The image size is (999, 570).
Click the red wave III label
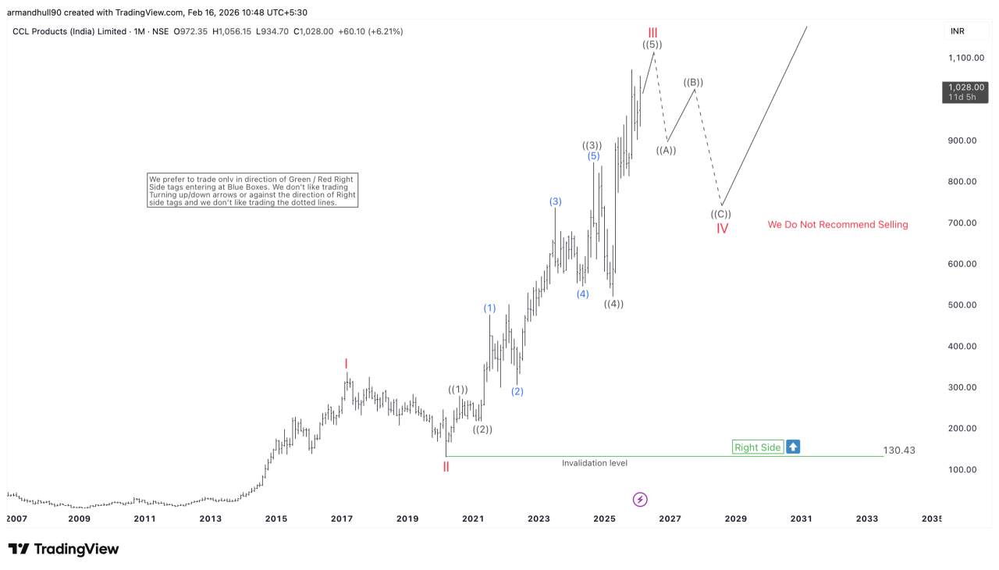652,32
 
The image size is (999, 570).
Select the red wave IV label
722,229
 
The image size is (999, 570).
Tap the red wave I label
346,363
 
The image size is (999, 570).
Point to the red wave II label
446,467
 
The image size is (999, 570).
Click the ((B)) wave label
693,82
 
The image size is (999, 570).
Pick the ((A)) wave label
666,151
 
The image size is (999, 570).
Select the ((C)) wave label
720,214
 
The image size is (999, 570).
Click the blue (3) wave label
555,201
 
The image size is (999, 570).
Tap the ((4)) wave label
613,304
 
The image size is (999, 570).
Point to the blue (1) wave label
489,308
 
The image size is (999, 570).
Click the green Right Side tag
757,447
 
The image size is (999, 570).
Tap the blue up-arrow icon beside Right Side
793,447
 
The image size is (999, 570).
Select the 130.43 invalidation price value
899,451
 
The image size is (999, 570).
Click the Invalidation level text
594,463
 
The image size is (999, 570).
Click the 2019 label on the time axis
407,518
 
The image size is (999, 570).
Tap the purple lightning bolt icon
640,499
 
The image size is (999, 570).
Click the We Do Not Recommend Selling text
837,225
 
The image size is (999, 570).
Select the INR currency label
958,31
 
